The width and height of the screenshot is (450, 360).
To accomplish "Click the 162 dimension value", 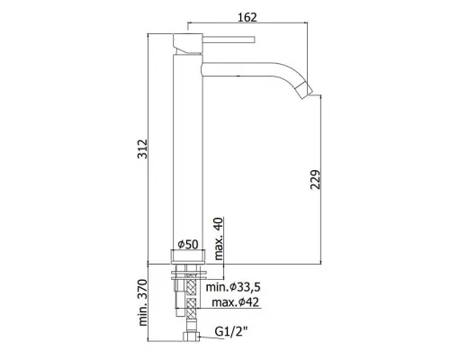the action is (x=247, y=17).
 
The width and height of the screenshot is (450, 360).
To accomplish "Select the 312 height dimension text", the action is (x=142, y=148).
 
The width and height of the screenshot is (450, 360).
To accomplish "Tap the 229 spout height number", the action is (x=315, y=180).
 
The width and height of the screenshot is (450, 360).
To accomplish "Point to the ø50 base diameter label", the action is (x=188, y=245).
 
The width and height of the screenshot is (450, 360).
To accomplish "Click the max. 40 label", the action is (x=220, y=238).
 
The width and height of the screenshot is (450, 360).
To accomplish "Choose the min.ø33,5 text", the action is (x=233, y=287).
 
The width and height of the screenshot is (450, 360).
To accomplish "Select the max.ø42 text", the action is (x=235, y=302).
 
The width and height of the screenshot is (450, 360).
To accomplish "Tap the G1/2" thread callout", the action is (x=231, y=331).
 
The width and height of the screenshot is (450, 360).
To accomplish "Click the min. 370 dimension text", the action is (x=143, y=302).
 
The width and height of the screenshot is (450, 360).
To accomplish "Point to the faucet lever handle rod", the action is (x=229, y=40).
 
